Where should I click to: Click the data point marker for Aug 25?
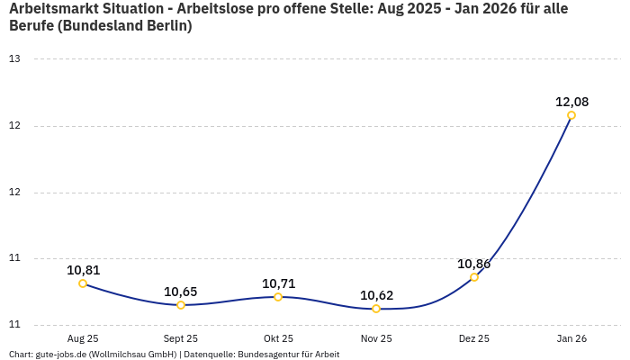click(83, 283)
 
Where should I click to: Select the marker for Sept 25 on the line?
click(181, 305)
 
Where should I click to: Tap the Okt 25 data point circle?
click(278, 297)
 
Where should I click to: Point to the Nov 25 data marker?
click(376, 309)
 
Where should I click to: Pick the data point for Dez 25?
click(474, 277)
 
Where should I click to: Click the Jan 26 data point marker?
click(571, 115)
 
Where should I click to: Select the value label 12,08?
click(571, 102)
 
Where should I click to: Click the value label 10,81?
click(83, 270)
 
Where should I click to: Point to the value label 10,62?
click(376, 295)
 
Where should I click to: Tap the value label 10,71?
click(278, 283)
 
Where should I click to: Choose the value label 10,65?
click(181, 292)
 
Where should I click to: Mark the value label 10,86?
click(474, 264)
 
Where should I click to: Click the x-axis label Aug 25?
click(83, 338)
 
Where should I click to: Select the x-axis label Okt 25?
click(278, 338)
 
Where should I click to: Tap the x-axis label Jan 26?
click(571, 338)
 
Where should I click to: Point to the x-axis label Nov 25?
click(376, 338)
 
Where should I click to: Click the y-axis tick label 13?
click(14, 58)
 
